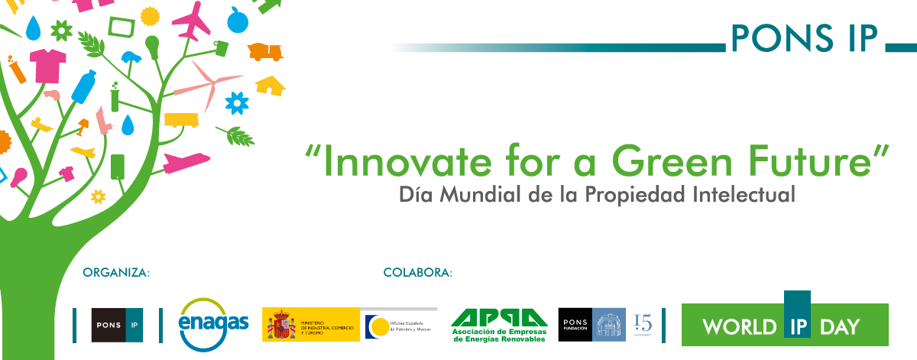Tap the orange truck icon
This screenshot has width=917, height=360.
tap(266, 51)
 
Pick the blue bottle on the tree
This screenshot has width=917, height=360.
tap(84, 86)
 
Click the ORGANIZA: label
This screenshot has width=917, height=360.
tap(115, 272)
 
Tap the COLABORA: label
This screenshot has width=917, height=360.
tap(418, 272)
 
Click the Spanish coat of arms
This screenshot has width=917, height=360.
tap(280, 325)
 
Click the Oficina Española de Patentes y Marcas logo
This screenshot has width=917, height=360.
tap(400, 324)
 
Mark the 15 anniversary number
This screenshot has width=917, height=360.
tap(643, 323)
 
